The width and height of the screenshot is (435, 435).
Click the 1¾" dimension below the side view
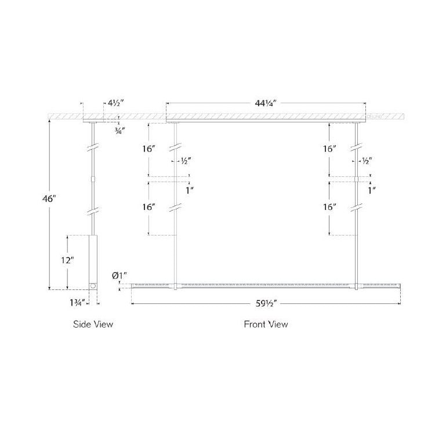click(x=77, y=302)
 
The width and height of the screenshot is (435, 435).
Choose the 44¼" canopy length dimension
click(x=265, y=105)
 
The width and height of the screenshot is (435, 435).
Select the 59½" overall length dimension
click(x=266, y=302)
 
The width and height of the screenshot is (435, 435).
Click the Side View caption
click(x=93, y=324)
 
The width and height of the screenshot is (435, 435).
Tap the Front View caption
click(x=266, y=324)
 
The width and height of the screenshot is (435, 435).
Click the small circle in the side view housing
click(x=93, y=285)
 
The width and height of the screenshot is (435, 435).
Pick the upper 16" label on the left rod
click(x=149, y=149)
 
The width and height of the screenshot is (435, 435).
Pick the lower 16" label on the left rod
click(x=149, y=207)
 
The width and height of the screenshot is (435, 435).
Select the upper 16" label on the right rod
click(x=330, y=149)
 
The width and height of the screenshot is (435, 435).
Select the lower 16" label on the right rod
click(x=330, y=207)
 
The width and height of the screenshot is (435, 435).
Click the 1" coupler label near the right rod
click(x=372, y=190)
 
